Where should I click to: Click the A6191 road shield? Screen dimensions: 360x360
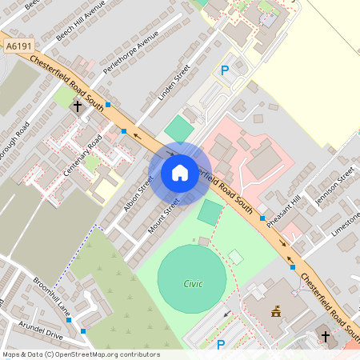(x=18, y=47)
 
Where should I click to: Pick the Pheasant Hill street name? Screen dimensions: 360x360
(x=285, y=210)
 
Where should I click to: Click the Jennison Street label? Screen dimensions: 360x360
(x=334, y=185)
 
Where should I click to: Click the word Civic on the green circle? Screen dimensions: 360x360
(x=193, y=283)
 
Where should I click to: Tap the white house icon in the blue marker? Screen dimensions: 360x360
(x=180, y=173)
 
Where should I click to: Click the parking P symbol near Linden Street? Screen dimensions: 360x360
(x=225, y=70)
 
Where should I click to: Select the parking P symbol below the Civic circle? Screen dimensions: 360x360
(x=222, y=345)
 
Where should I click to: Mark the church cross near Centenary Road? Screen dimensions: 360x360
(x=78, y=106)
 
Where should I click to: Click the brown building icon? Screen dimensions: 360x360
(x=277, y=310)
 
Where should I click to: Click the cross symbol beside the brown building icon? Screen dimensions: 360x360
(x=325, y=337)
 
